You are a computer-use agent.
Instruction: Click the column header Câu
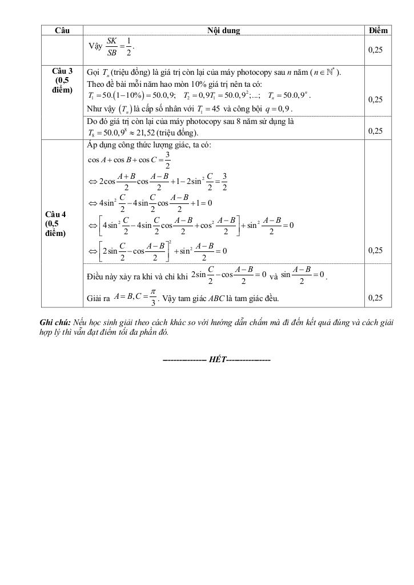[x=62, y=30]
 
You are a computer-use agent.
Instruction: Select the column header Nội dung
[x=223, y=30]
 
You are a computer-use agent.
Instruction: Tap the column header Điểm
[x=379, y=30]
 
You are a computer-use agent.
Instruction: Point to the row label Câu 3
[x=62, y=71]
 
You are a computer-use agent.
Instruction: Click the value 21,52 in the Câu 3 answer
[x=148, y=133]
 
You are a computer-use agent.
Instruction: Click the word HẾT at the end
[x=217, y=360]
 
